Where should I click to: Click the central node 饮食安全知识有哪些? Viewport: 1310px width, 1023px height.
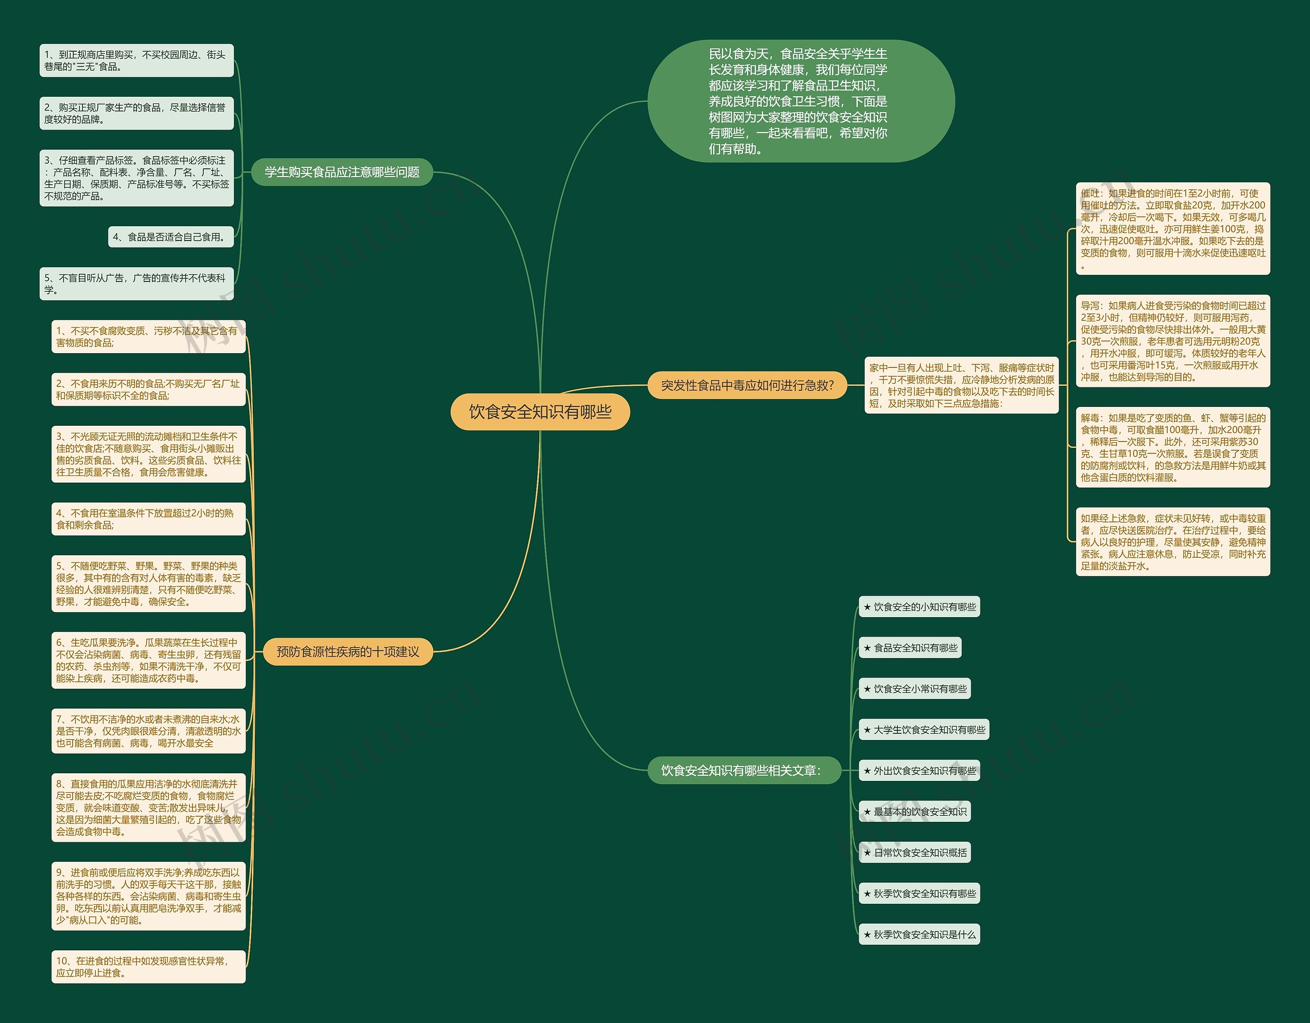click(x=540, y=411)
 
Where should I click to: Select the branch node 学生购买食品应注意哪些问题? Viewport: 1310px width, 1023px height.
click(x=342, y=172)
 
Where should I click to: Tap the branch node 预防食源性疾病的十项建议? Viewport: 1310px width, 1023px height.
click(x=348, y=651)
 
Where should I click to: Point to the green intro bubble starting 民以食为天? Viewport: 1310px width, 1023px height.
click(x=801, y=101)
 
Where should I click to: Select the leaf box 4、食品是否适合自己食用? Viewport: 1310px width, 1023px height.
click(x=171, y=237)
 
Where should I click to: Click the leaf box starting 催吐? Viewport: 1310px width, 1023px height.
click(x=1173, y=229)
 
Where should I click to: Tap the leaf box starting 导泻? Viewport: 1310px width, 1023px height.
click(x=1173, y=341)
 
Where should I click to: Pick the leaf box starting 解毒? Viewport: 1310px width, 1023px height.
click(x=1173, y=447)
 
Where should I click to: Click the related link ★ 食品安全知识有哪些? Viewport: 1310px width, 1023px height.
click(x=910, y=648)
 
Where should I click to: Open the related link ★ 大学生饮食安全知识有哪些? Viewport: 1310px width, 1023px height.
click(x=924, y=730)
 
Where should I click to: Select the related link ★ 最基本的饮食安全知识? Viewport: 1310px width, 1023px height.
click(x=915, y=812)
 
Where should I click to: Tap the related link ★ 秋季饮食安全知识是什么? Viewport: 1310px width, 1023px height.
click(x=919, y=934)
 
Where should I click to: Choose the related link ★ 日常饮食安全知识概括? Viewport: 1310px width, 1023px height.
click(x=915, y=853)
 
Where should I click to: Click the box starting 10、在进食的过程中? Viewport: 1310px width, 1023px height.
click(x=148, y=967)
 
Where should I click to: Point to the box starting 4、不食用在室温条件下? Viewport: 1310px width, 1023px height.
click(x=148, y=519)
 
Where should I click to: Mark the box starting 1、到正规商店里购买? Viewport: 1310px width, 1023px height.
click(x=136, y=60)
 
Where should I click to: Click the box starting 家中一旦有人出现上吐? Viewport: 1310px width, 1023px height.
click(x=962, y=385)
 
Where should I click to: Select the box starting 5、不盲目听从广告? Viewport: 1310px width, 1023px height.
click(x=136, y=284)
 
